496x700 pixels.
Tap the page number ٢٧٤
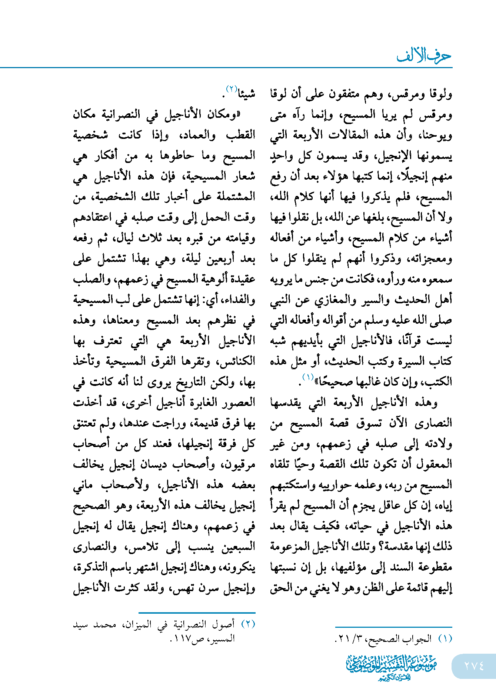tap(474, 666)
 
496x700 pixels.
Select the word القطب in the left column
tap(241, 135)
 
